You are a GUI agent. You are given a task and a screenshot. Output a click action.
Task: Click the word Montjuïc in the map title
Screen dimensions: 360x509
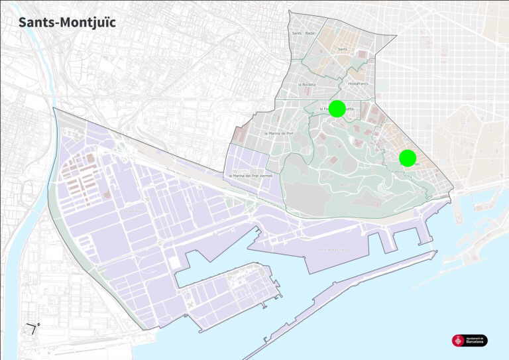coord(87,22)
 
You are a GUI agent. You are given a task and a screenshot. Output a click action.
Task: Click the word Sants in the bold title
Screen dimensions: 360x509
coord(36,22)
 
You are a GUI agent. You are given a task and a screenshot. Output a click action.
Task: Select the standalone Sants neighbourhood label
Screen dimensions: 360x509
coord(343,49)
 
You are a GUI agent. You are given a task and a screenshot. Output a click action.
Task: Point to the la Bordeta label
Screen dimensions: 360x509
coord(307,84)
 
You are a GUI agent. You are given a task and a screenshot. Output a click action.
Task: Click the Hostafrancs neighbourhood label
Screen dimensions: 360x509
coord(357,84)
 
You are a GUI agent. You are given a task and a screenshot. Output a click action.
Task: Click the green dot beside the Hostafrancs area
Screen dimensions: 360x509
coord(337,109)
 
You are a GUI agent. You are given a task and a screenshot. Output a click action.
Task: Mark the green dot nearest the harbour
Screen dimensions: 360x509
coord(408,158)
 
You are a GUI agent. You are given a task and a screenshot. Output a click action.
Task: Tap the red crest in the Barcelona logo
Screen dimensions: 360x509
coord(458,340)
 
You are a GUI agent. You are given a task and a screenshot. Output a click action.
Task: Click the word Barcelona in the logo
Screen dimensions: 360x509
coord(475,342)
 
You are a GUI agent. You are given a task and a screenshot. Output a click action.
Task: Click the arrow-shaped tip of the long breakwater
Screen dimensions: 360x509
coord(435,252)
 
